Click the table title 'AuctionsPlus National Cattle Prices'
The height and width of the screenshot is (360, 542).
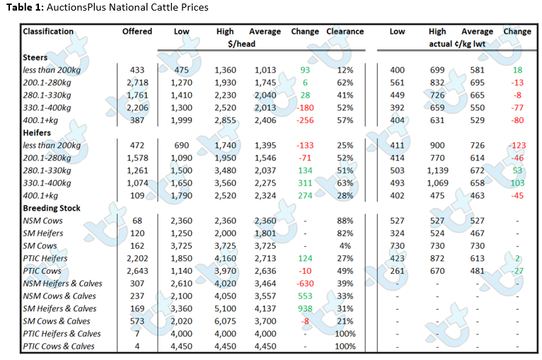coord(127,7)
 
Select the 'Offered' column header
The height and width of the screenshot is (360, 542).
coord(137,31)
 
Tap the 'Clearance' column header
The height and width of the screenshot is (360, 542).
coord(345,31)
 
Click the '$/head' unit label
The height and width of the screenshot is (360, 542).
coord(241,44)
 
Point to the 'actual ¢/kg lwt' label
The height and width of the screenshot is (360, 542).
coord(457,44)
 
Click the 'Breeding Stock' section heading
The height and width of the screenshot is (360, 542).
coord(52,208)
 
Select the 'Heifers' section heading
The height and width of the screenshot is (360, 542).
coord(37,133)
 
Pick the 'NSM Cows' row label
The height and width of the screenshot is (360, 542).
coord(43,221)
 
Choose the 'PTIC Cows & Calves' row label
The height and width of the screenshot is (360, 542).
coord(59,346)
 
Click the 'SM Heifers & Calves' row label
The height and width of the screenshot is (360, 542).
coord(59,308)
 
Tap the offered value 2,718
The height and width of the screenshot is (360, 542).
coord(137,83)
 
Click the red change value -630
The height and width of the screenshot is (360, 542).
coord(305,284)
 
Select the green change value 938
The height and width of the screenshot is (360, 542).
coord(305,308)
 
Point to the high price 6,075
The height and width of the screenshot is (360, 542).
coord(225,321)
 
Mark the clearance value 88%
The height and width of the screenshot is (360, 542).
coord(345,221)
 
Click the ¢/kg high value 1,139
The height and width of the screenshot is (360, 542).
coord(437,170)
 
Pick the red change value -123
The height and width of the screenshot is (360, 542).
coord(517,146)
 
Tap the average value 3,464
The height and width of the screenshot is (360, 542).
coord(265,284)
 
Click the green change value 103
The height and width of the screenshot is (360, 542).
coord(517,183)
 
